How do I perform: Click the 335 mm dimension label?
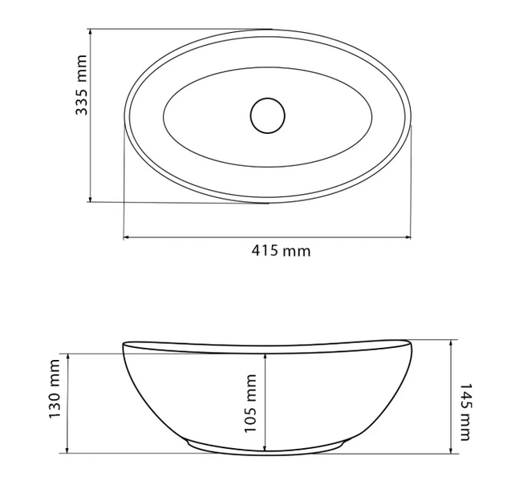pyautogui.click(x=82, y=85)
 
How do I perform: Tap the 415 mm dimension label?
pyautogui.click(x=281, y=251)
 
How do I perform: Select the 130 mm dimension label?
pyautogui.click(x=54, y=389)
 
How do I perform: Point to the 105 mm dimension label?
pyautogui.click(x=250, y=403)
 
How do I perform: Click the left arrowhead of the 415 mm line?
pyautogui.click(x=127, y=237)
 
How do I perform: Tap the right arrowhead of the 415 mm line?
pyautogui.click(x=408, y=237)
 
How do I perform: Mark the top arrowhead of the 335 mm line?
pyautogui.click(x=91, y=32)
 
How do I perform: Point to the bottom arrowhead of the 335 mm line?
pyautogui.click(x=91, y=199)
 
